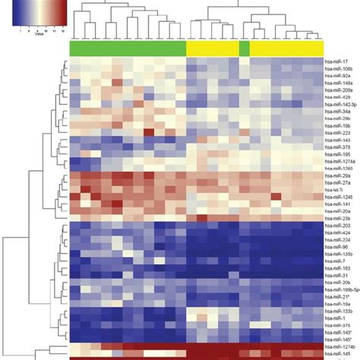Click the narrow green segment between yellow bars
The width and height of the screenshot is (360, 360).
pyautogui.click(x=244, y=48)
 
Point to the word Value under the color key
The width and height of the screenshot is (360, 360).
pyautogui.click(x=35, y=36)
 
